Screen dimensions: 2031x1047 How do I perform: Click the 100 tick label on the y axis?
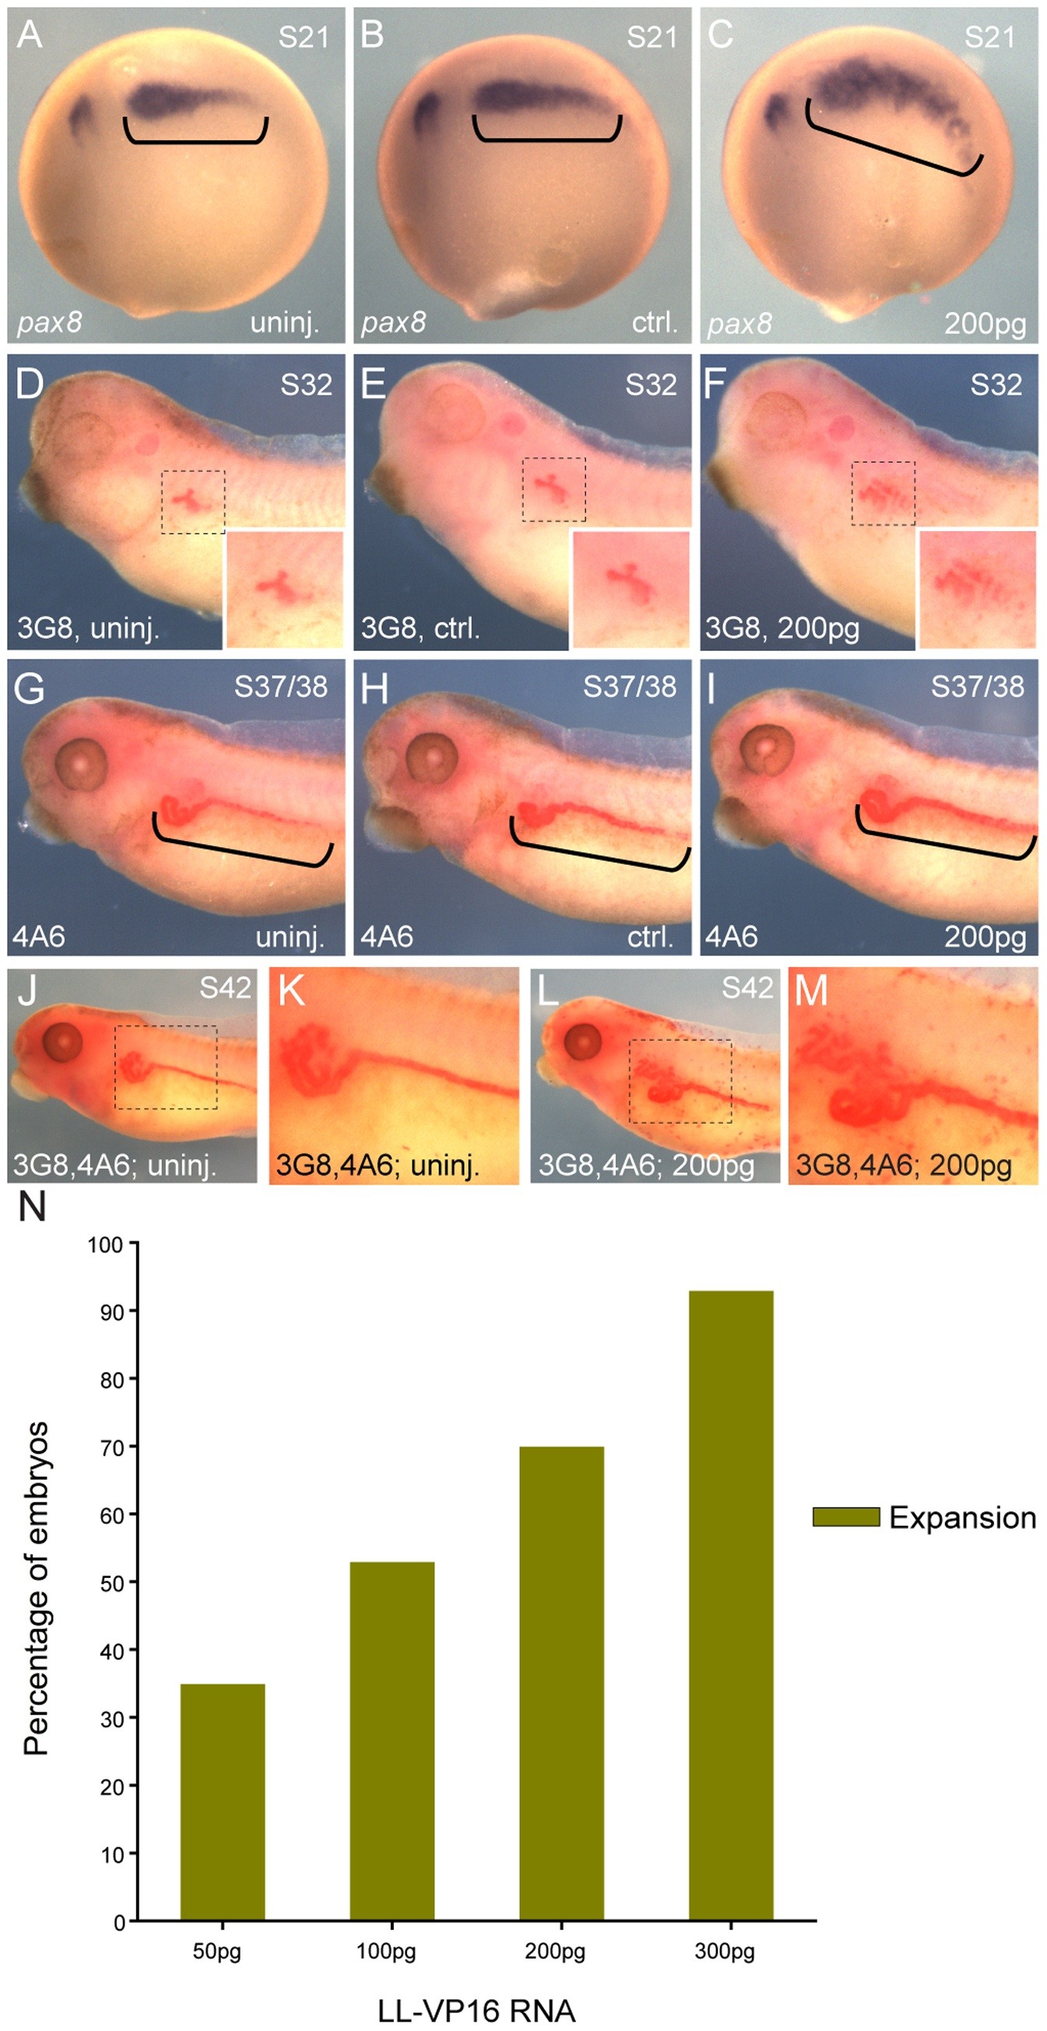tap(105, 1245)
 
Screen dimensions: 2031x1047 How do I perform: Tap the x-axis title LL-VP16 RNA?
tap(476, 2011)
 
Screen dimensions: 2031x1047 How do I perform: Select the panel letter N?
tap(33, 1207)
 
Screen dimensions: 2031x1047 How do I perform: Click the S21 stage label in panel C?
tap(989, 37)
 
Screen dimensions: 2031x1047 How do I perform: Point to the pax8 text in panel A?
tap(49, 322)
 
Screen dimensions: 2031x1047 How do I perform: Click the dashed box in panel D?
tap(193, 502)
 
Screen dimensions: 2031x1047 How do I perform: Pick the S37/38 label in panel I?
tap(977, 687)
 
